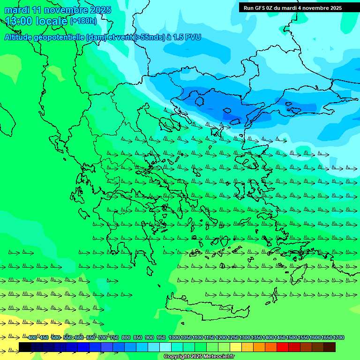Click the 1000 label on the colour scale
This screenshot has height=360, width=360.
(174, 337)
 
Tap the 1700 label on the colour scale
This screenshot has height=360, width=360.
(338, 337)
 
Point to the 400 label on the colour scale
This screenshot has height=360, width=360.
(32, 337)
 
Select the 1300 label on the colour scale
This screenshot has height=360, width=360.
(245, 337)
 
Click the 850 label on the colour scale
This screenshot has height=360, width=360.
(138, 337)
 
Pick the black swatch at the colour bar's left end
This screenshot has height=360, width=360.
(25, 347)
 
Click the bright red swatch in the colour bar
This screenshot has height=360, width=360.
(283, 347)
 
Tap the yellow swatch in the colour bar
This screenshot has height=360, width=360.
(236, 347)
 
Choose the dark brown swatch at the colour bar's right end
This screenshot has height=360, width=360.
(330, 347)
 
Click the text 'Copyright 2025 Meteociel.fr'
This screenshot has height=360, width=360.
(199, 357)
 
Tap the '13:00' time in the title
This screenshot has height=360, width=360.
(19, 21)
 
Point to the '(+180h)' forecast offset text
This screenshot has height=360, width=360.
(83, 21)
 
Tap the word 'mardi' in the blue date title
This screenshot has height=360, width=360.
(16, 10)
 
